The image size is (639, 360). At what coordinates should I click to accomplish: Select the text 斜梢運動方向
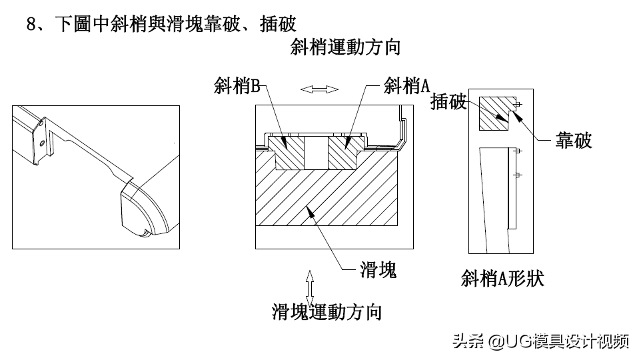(345, 47)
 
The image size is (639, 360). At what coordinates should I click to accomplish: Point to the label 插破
(449, 101)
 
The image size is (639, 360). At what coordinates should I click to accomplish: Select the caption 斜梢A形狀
(502, 277)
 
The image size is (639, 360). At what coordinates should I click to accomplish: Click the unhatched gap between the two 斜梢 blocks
(315, 154)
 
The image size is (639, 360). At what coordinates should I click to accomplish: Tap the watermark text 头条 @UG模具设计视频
(540, 341)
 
